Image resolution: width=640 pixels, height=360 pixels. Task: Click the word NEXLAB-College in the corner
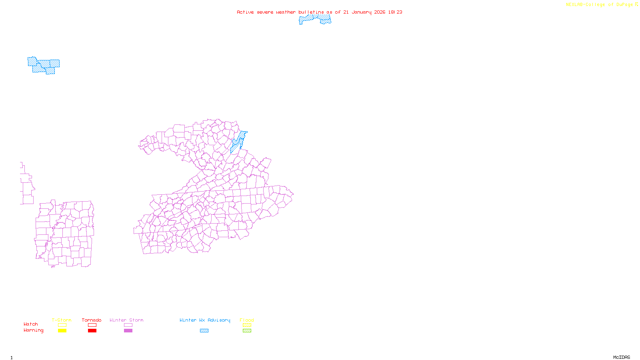pos(585,5)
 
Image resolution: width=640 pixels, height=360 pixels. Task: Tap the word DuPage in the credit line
pos(624,5)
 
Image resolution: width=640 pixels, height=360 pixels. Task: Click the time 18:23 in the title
pos(395,12)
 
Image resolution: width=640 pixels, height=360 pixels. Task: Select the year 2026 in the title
pos(380,12)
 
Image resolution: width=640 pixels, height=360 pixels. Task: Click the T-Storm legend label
pos(62,320)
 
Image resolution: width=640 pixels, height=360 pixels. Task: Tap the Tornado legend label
pos(92,320)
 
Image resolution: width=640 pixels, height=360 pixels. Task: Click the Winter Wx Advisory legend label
pos(205,320)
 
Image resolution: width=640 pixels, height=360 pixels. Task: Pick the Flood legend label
pos(247,320)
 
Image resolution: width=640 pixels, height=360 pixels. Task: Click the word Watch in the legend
pos(31,324)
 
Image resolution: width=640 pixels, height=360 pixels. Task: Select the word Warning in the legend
pos(34,330)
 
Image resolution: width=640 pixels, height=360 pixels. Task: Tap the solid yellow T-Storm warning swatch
pos(62,331)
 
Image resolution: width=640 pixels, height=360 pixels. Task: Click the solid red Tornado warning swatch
pos(92,331)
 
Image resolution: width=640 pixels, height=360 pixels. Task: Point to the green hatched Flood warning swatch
pos(247,331)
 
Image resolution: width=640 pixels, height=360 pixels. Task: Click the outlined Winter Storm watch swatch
pos(128,325)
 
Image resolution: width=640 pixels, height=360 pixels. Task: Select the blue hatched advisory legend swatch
pos(204,331)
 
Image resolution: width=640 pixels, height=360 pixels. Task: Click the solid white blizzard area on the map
pos(25,67)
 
